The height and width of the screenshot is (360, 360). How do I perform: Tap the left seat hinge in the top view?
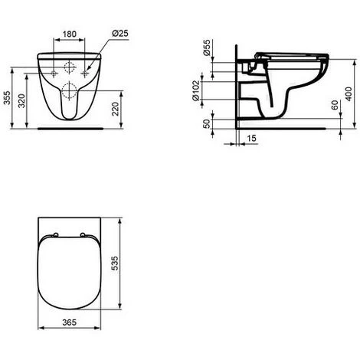pyautogui.click(x=58, y=234)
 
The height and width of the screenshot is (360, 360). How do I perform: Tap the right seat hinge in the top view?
pyautogui.click(x=81, y=234)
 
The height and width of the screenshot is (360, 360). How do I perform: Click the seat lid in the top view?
pyautogui.click(x=70, y=272)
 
